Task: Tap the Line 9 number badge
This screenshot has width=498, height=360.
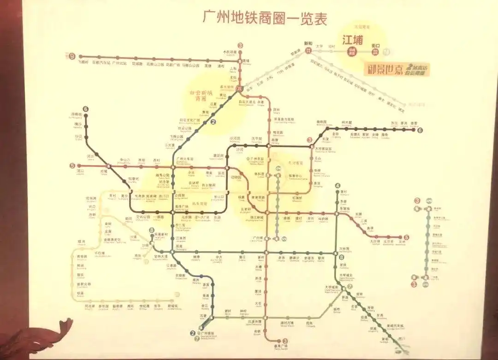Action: pyautogui.click(x=72, y=56)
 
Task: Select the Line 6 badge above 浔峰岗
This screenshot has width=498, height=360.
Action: pyautogui.click(x=86, y=109)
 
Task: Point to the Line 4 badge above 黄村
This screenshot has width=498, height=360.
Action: pyautogui.click(x=337, y=186)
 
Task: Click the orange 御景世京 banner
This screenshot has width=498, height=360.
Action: pyautogui.click(x=398, y=69)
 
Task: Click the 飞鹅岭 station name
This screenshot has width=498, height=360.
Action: pyautogui.click(x=83, y=62)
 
